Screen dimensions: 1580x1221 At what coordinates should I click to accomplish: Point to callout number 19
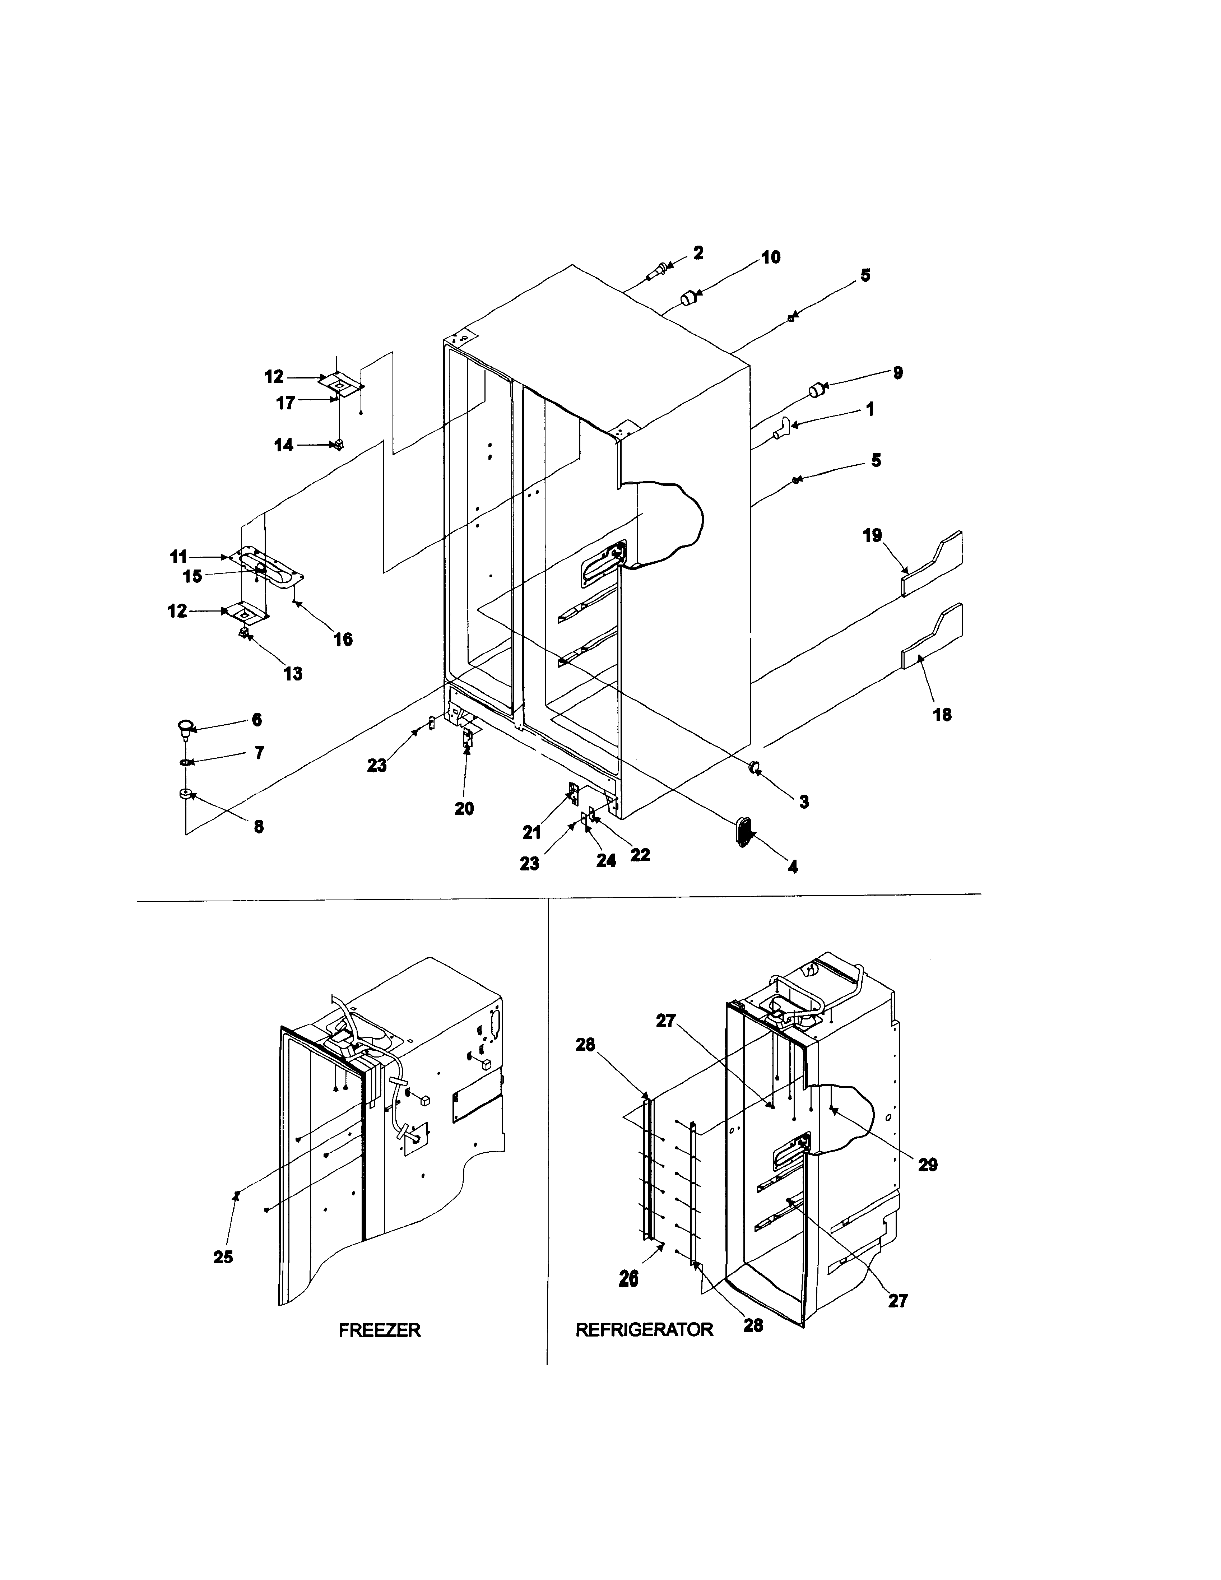pyautogui.click(x=872, y=536)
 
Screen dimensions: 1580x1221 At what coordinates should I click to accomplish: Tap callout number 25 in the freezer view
pyautogui.click(x=223, y=1256)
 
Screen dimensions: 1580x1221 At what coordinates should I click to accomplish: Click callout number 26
pyautogui.click(x=628, y=1278)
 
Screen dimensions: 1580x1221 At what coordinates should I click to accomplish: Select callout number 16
pyautogui.click(x=343, y=639)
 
